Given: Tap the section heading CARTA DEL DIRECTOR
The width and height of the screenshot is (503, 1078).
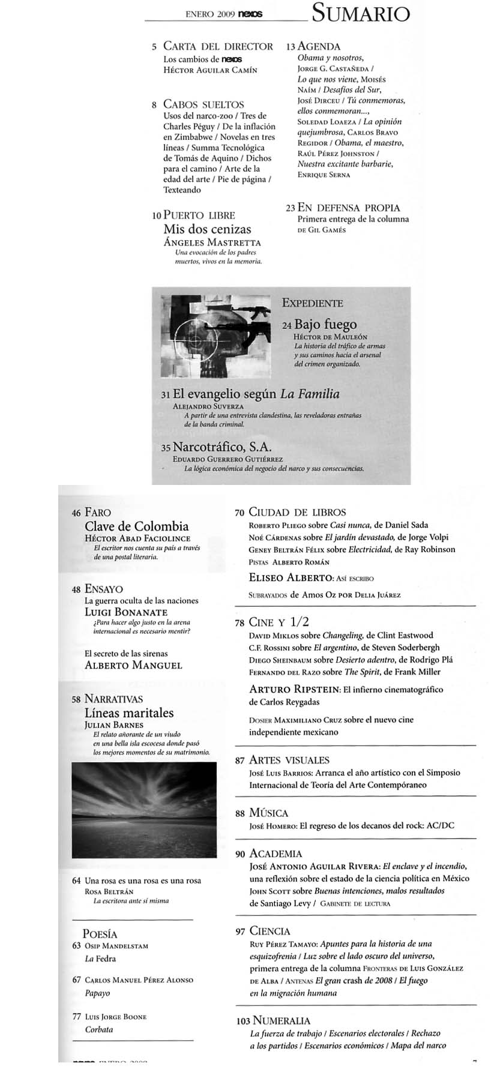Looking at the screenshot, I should click(x=218, y=46).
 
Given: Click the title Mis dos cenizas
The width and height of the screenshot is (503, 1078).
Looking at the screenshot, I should click(x=207, y=229).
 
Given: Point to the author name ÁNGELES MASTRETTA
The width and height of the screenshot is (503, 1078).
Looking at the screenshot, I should click(x=212, y=242).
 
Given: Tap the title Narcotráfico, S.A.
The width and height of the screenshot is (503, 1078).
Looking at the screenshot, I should click(x=222, y=447).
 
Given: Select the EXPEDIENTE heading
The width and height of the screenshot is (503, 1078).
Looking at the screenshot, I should click(x=312, y=303).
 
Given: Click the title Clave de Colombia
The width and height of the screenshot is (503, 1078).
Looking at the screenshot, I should click(x=137, y=526).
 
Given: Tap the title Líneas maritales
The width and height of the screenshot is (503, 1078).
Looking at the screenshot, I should click(x=129, y=713).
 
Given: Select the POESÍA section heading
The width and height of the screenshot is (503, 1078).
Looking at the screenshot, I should click(x=100, y=933).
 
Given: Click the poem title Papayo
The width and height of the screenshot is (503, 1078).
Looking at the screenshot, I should click(x=98, y=993).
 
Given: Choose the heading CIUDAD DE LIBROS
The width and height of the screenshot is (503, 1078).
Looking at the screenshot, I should click(x=297, y=512).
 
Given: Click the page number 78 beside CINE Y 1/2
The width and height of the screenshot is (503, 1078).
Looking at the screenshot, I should click(x=239, y=623).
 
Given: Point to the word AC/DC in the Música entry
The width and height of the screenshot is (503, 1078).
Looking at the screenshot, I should click(x=439, y=825).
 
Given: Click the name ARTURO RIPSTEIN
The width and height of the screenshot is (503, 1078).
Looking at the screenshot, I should click(x=294, y=689).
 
